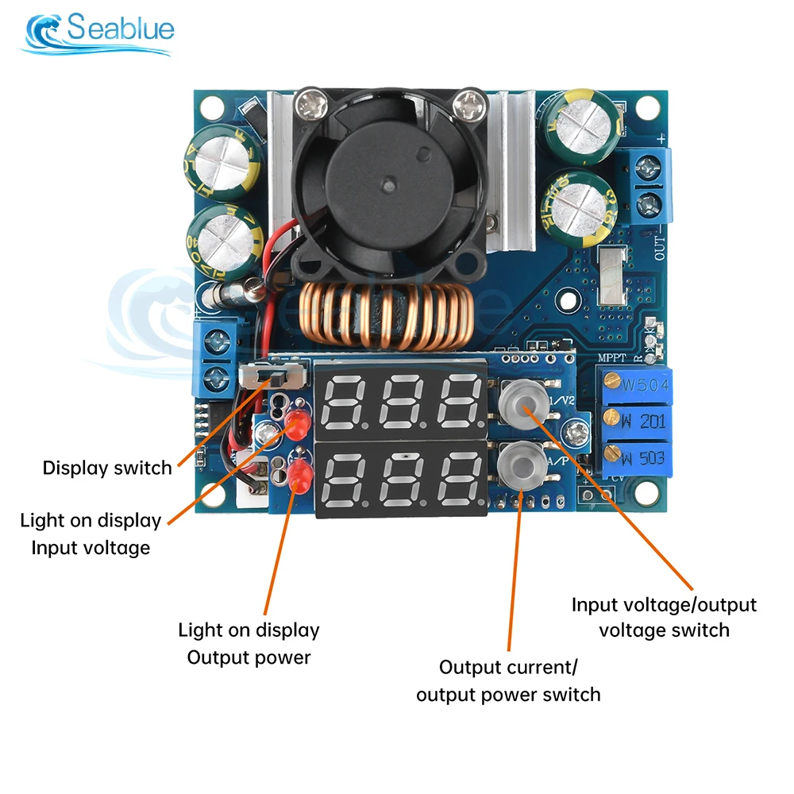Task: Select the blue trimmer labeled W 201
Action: (636, 421)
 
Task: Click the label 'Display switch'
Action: (107, 468)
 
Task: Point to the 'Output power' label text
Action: (249, 657)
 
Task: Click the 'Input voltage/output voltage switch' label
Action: (664, 617)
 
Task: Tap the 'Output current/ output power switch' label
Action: (509, 680)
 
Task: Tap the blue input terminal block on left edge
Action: (216, 358)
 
